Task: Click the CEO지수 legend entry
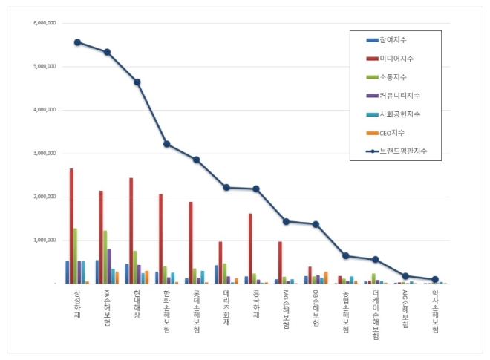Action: [x=393, y=132]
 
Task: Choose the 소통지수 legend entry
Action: [x=393, y=76]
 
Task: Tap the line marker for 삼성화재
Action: [x=77, y=42]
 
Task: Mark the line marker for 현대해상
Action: [x=137, y=82]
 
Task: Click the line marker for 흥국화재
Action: [x=256, y=189]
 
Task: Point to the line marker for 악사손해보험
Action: [x=435, y=279]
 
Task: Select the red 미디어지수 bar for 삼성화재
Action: [x=71, y=226]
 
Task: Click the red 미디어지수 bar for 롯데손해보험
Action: [x=190, y=243]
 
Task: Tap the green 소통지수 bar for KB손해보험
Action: [x=105, y=257]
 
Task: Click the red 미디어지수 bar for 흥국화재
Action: [x=250, y=249]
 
